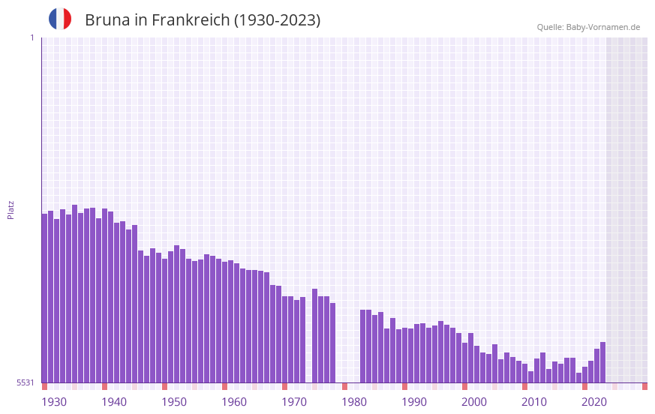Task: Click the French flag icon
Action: pos(60,19)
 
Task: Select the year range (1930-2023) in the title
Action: pos(277,20)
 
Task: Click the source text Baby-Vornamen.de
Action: pos(602,27)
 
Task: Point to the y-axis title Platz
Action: pos(11,209)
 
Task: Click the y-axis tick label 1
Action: pos(32,37)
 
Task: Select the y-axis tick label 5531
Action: pos(26,382)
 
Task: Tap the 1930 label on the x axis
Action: pos(54,402)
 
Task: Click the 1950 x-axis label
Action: pos(174,402)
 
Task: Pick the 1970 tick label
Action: pos(294,402)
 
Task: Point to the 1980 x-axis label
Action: pos(354,402)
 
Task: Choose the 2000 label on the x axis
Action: pos(474,402)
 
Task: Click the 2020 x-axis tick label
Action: pos(594,402)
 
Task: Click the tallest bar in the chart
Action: pos(75,293)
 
